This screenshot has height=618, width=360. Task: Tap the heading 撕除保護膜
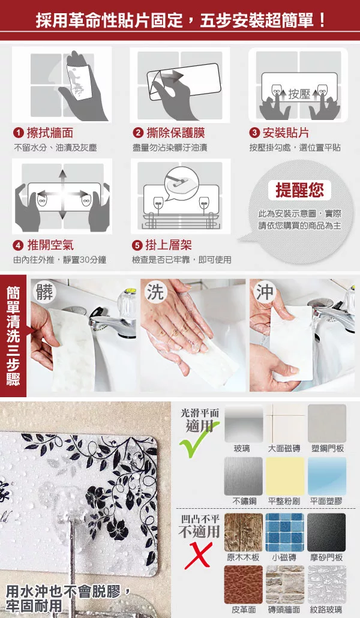[175, 133]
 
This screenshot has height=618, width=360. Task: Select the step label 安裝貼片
[286, 133]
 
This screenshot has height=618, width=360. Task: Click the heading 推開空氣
[50, 245]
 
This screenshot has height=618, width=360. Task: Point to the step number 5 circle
[137, 245]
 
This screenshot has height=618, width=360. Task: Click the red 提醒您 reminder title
[299, 190]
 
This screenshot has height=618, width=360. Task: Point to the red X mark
[199, 556]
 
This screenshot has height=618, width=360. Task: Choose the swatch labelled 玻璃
[243, 423]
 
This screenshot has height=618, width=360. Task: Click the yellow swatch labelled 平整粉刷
[284, 476]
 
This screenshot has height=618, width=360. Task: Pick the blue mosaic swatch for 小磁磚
[284, 532]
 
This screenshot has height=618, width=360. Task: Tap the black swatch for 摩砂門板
[326, 532]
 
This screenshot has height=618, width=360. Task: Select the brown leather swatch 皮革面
[243, 584]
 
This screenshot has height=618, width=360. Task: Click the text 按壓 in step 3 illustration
[299, 94]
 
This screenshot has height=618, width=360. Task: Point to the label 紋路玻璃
[326, 610]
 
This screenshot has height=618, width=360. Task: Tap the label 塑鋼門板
[327, 449]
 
